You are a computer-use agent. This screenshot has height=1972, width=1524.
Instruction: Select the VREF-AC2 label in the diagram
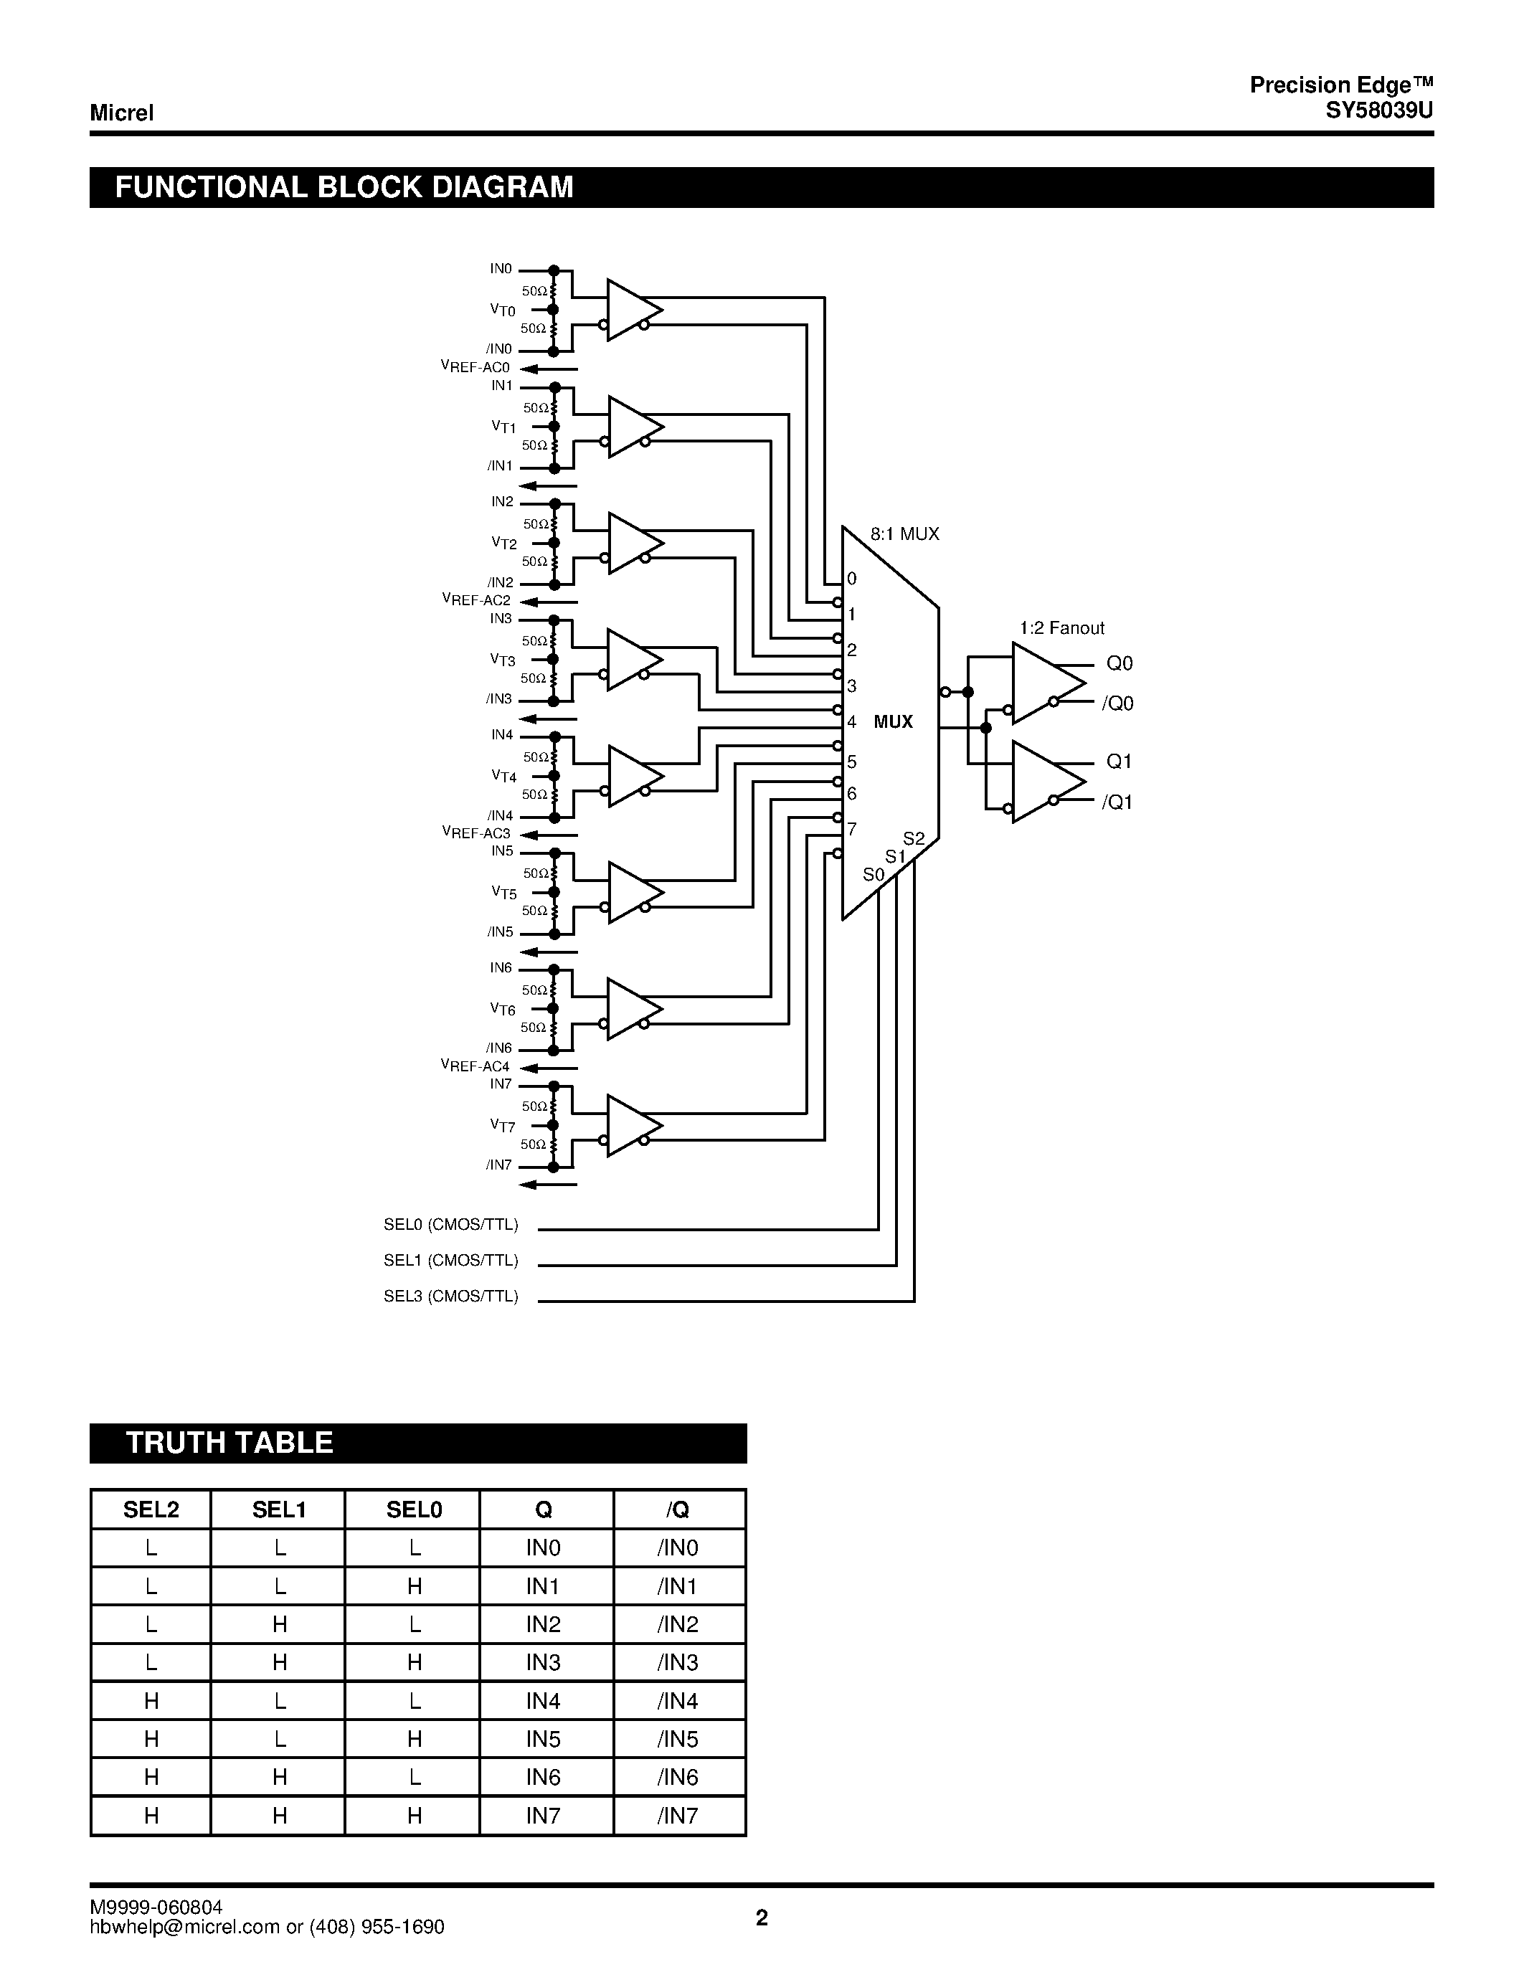(x=475, y=600)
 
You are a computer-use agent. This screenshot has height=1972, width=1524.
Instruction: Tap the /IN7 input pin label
(x=498, y=1165)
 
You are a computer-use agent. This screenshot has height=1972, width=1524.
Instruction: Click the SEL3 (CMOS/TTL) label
(x=450, y=1297)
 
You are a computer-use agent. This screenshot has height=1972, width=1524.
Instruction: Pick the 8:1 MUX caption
(x=904, y=534)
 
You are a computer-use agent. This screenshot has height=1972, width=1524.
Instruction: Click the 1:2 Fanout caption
(x=1061, y=628)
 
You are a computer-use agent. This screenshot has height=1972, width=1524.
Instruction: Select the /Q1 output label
(x=1117, y=802)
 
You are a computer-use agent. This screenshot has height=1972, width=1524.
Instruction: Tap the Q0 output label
(x=1120, y=663)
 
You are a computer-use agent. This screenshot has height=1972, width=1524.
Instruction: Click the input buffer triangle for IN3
(x=632, y=660)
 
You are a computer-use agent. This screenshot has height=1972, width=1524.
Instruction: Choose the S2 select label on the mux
(x=914, y=839)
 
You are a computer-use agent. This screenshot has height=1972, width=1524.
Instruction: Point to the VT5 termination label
(x=503, y=893)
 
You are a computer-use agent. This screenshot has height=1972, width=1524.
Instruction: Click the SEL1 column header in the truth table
(x=279, y=1509)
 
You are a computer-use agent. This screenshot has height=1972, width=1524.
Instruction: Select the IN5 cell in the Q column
(x=544, y=1739)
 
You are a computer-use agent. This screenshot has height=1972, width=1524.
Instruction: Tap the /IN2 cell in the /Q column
(x=678, y=1624)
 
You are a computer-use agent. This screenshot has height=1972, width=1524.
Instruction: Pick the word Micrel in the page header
(x=122, y=113)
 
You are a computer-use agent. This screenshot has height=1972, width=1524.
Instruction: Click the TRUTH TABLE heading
(x=229, y=1443)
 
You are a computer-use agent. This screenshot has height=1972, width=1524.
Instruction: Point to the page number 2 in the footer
(x=762, y=1918)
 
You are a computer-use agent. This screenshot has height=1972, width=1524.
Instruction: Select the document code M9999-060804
(x=156, y=1907)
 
